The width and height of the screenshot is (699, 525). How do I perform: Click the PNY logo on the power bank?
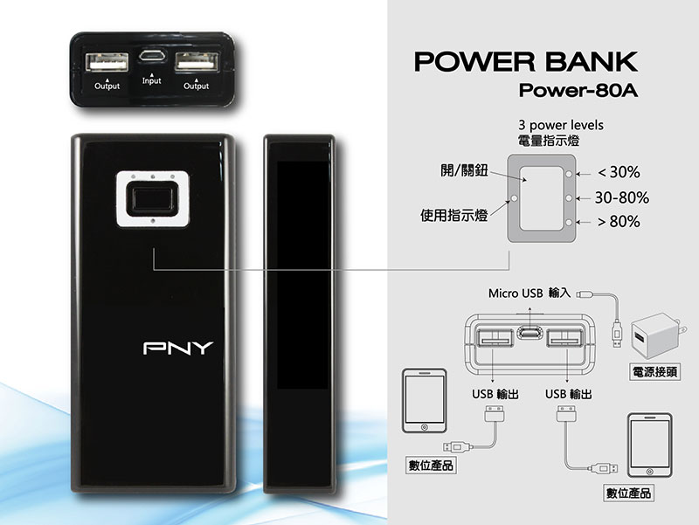(178, 348)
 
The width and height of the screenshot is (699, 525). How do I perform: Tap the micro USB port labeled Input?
(151, 56)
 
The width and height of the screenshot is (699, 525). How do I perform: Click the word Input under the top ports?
(151, 80)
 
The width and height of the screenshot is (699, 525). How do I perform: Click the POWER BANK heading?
(526, 61)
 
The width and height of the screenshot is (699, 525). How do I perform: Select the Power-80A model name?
(578, 91)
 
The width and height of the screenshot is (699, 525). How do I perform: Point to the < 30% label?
(619, 172)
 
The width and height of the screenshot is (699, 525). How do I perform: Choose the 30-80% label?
(622, 197)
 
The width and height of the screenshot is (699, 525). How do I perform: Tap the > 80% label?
(619, 222)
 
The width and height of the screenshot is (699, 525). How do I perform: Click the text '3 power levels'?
(561, 125)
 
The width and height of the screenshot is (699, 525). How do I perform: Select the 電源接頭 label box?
(654, 371)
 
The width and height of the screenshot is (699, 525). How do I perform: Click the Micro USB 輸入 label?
(529, 294)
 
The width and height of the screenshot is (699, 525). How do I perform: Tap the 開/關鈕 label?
(464, 170)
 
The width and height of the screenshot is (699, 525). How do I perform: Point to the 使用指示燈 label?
(453, 215)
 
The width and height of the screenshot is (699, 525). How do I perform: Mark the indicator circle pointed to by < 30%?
(569, 174)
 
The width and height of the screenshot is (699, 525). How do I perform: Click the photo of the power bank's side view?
(299, 314)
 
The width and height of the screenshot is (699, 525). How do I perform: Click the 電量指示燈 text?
(549, 141)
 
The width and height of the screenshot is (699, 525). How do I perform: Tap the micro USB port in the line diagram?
(530, 333)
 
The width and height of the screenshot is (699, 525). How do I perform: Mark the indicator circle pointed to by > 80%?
(569, 222)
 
